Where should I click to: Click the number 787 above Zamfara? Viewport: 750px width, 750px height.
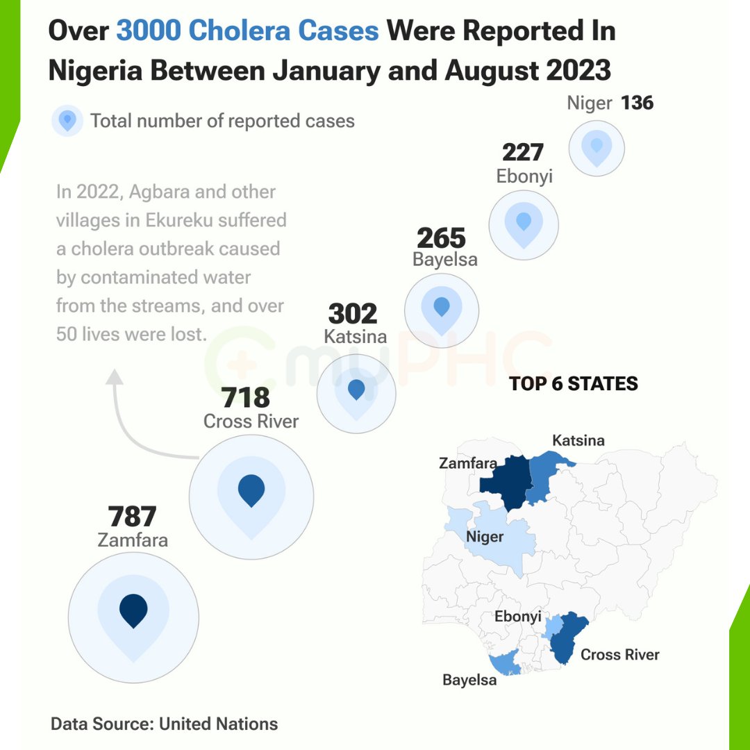(x=132, y=517)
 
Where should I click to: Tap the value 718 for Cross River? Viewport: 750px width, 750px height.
(x=246, y=398)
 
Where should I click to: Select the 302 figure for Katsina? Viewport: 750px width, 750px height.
(x=353, y=314)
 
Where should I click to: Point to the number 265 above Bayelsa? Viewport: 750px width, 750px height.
(x=441, y=238)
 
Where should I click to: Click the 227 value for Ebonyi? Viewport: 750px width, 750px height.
(x=523, y=152)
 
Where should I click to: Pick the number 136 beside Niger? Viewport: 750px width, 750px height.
(x=637, y=103)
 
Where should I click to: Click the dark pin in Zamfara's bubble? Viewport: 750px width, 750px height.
(x=133, y=611)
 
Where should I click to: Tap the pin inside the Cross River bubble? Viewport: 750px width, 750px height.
(x=251, y=490)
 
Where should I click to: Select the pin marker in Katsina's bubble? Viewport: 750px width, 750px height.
(x=356, y=390)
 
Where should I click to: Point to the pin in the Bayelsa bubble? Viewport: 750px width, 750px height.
(x=442, y=306)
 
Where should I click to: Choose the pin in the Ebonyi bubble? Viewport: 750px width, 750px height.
(x=524, y=222)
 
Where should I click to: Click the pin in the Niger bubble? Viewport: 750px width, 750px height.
(x=597, y=146)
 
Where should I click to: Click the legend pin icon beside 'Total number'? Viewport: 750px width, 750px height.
(x=67, y=121)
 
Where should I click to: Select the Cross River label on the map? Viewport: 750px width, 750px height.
(x=620, y=654)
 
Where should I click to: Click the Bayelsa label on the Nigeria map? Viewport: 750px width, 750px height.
(x=469, y=680)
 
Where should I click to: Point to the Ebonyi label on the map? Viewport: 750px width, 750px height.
(x=517, y=617)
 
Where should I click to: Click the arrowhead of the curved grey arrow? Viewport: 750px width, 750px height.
(x=115, y=377)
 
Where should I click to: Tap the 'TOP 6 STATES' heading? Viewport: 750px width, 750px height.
(x=574, y=384)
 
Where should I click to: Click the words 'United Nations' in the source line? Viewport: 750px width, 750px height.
(x=219, y=724)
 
